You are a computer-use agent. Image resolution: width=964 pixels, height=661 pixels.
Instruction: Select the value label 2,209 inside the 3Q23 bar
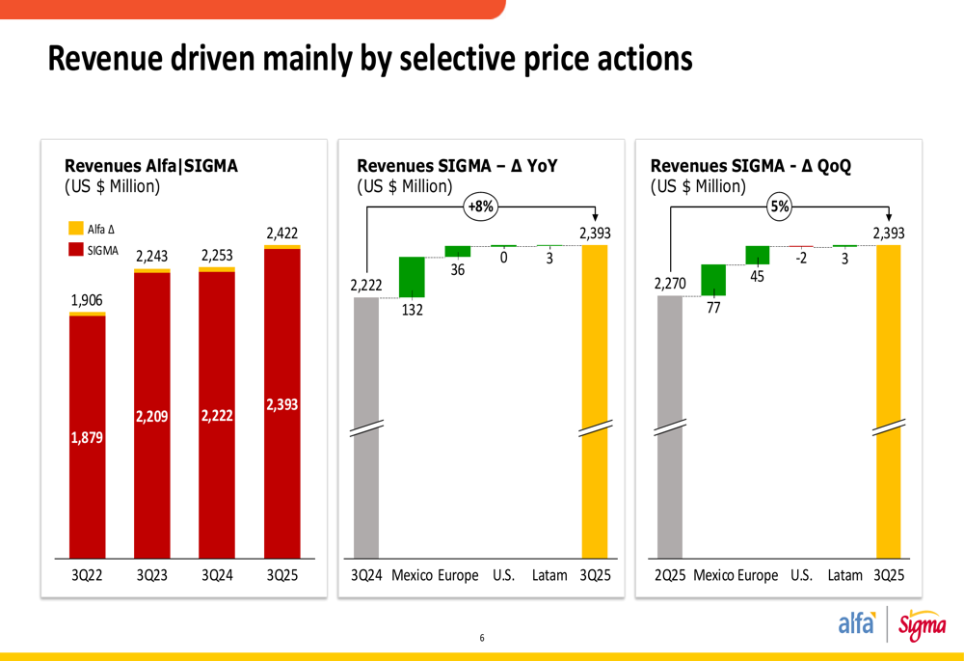point(152,416)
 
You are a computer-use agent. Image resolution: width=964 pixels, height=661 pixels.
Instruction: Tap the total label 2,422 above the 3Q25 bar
point(282,233)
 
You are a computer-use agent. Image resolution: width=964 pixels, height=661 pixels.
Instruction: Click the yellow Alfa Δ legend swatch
point(75,229)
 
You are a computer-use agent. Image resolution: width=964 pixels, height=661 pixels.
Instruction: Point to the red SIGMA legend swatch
point(75,250)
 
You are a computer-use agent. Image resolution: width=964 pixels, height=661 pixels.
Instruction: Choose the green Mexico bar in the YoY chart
point(412,277)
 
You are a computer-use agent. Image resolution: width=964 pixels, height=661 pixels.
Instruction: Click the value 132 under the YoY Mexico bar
point(412,310)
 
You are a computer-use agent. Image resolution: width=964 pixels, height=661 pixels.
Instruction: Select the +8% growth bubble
point(479,207)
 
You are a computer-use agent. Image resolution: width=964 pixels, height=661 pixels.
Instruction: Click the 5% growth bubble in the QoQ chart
point(779,206)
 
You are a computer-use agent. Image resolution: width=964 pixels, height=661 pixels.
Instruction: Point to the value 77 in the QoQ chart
point(713,309)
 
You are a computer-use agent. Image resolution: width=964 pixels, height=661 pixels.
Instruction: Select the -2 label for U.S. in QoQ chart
point(801,260)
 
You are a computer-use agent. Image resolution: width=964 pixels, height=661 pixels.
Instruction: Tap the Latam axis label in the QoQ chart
point(844,575)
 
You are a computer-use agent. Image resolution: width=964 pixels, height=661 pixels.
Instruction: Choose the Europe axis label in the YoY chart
point(458,575)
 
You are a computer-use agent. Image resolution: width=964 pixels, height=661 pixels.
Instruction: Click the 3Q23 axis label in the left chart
point(152,575)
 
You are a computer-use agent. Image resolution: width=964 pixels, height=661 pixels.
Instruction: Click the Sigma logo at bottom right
point(922,626)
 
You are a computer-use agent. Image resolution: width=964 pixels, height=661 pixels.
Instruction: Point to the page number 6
point(482,638)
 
